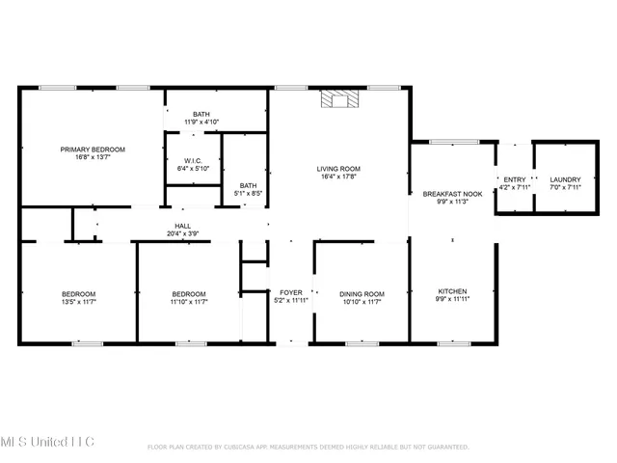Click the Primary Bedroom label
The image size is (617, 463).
[x=93, y=150]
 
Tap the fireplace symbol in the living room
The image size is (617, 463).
[x=338, y=98]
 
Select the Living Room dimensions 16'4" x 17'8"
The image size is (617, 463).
[x=338, y=177]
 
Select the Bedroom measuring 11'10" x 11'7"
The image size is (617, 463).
[x=189, y=294]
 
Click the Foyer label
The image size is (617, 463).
[x=290, y=292]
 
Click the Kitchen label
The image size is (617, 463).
[x=452, y=290]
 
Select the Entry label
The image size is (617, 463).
[x=514, y=180]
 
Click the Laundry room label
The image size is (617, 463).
[x=565, y=180]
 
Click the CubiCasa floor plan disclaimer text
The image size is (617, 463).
[x=308, y=447]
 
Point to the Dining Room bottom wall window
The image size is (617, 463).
[x=360, y=342]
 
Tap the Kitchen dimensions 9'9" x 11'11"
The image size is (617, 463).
[x=452, y=301]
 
